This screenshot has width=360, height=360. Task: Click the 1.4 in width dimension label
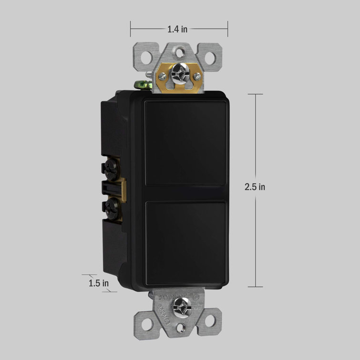[x=177, y=29]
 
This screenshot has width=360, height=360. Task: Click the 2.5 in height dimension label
[x=255, y=187]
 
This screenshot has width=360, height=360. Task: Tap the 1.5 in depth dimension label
[x=99, y=283]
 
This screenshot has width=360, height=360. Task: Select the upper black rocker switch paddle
[x=185, y=143]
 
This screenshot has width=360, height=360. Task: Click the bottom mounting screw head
[x=182, y=303]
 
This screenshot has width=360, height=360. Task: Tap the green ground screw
[x=143, y=86]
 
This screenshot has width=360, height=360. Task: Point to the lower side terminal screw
[x=111, y=206]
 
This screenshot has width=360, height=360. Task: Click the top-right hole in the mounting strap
[x=210, y=56]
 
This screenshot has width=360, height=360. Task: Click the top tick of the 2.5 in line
[x=255, y=94]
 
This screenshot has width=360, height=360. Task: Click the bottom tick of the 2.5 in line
[x=255, y=287]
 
